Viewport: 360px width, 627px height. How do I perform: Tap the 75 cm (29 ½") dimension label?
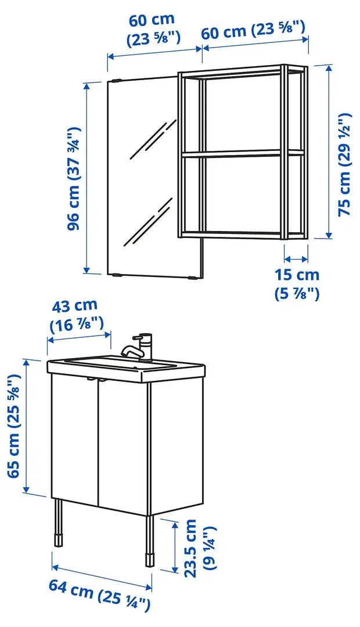tap(346, 164)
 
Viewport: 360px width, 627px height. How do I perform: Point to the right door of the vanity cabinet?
tap(124, 447)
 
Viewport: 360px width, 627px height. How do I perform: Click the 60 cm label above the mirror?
tap(154, 29)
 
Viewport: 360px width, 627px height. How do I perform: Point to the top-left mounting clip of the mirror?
tap(117, 81)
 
